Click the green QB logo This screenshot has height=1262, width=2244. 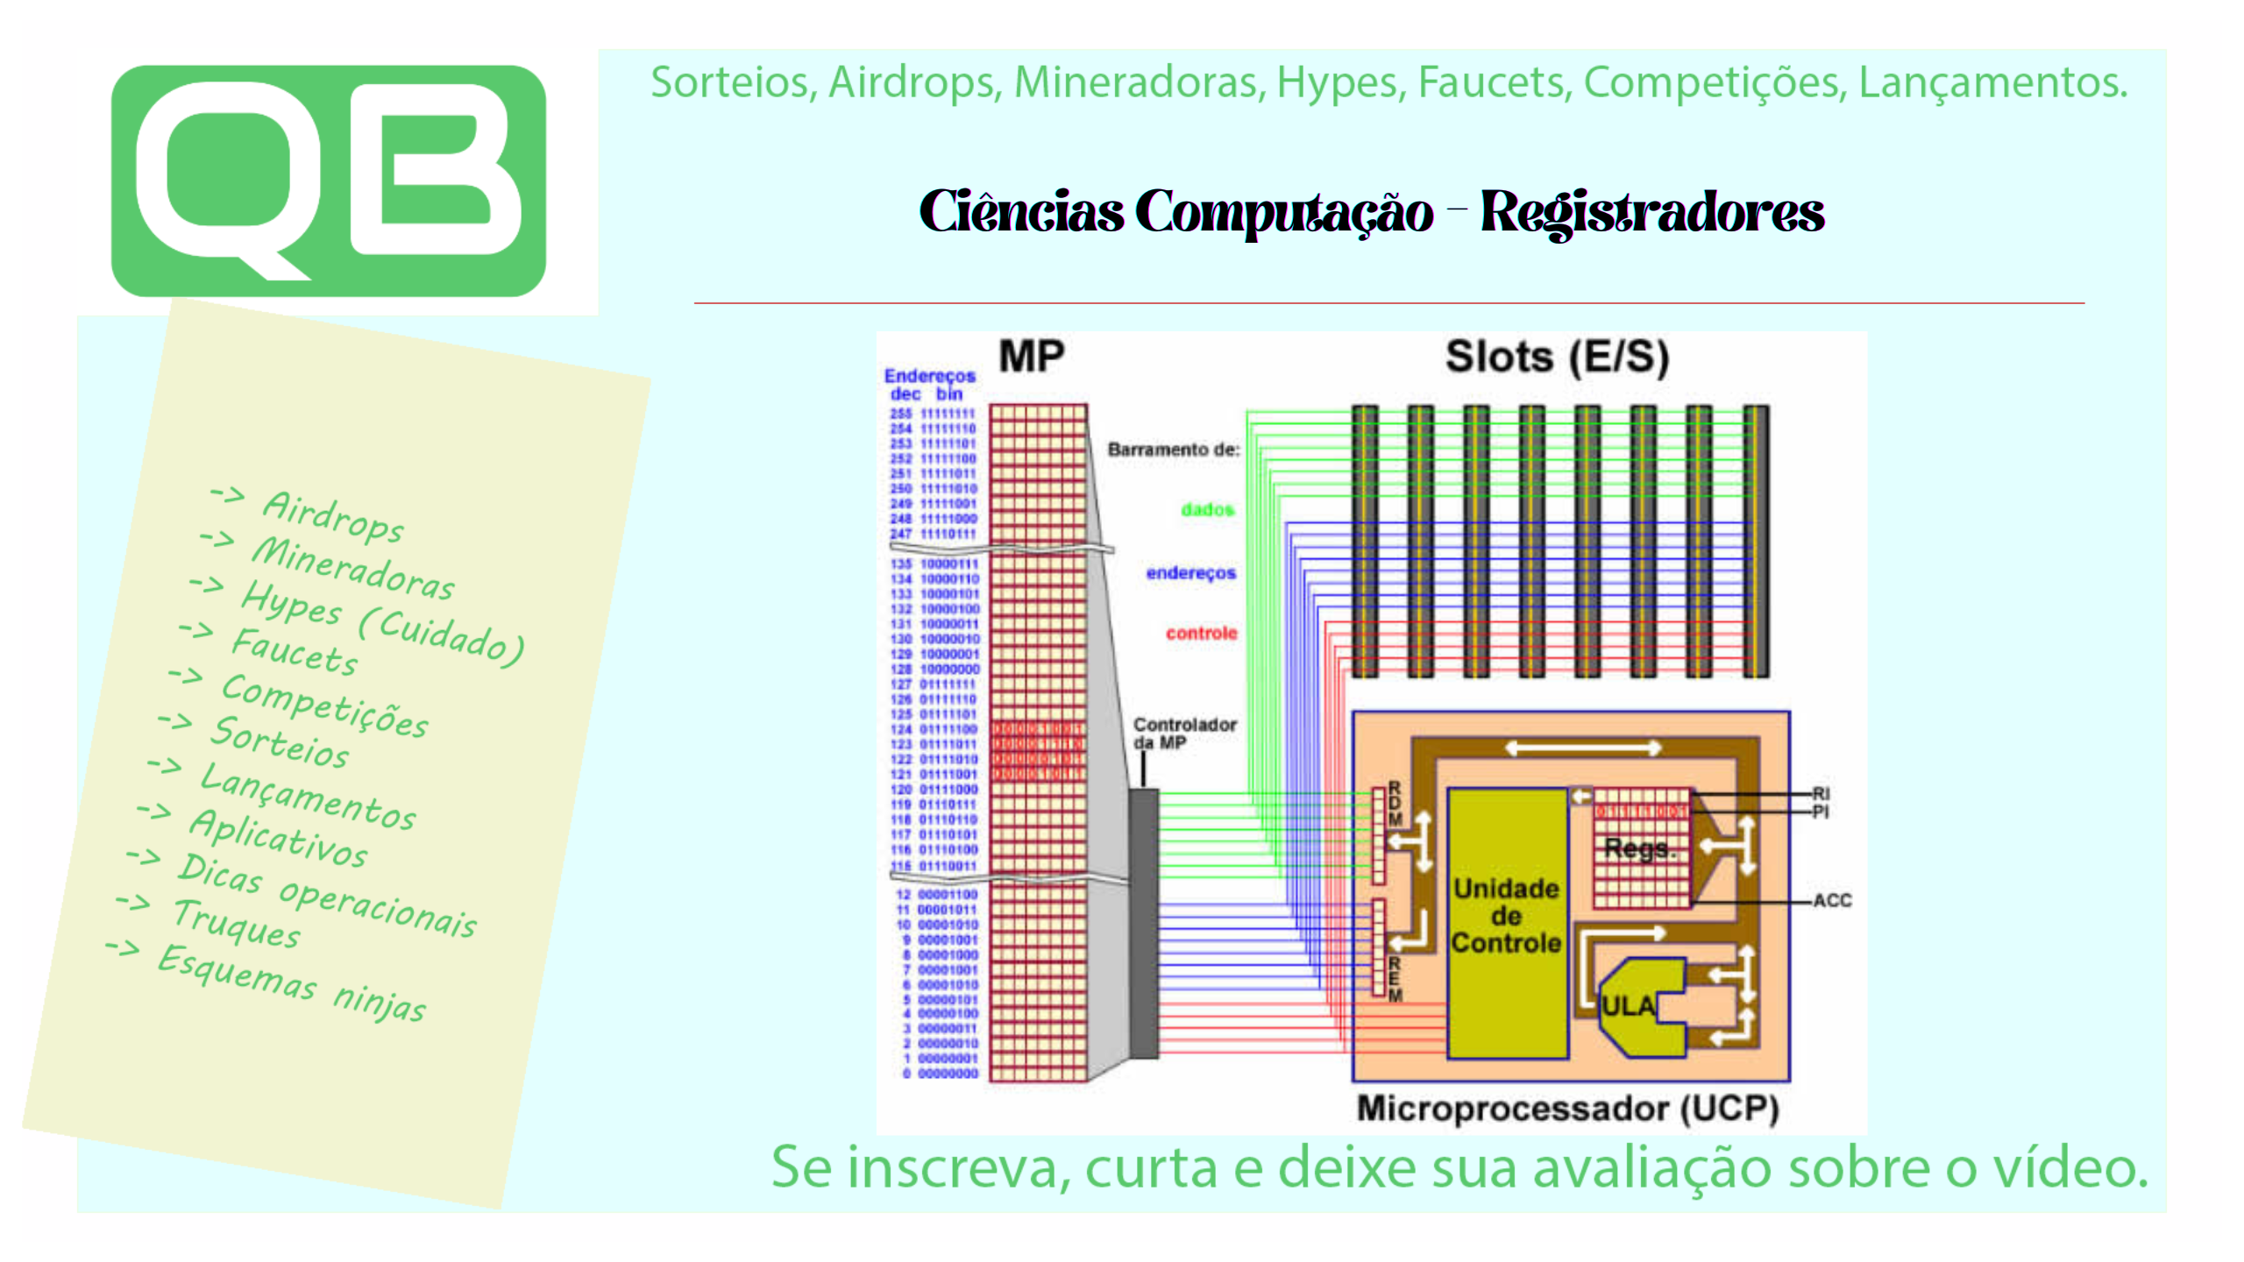tap(328, 181)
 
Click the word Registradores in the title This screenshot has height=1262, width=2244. tap(1651, 212)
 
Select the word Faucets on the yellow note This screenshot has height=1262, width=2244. tap(295, 651)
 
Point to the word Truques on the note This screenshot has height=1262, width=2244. tap(237, 924)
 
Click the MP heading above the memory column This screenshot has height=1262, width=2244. tap(1031, 357)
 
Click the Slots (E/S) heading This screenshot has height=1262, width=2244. tap(1557, 357)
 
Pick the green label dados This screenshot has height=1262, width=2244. tap(1207, 509)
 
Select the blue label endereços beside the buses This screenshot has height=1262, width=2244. tap(1190, 573)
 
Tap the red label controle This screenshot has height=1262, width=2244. tap(1201, 633)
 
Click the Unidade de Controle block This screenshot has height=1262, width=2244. tap(1506, 917)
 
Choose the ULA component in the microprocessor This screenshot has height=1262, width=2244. tap(1629, 1006)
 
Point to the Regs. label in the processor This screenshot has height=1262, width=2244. tap(1638, 847)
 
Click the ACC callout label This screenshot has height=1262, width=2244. tap(1832, 900)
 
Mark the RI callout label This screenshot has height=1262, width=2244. tap(1821, 793)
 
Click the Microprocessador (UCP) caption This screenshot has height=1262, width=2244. tap(1567, 1109)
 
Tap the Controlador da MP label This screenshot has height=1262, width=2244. tap(1183, 734)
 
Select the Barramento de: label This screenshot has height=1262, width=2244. tap(1174, 450)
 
